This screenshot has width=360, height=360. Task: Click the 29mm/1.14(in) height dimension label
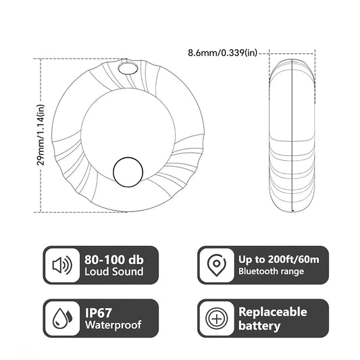coord(41,135)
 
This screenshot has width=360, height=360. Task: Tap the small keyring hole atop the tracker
coord(126,68)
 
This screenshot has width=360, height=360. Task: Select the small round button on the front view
coord(128,172)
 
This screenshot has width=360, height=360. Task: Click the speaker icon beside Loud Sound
coord(62,265)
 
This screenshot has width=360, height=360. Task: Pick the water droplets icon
coord(62,318)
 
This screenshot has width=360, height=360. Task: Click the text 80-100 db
coord(115,258)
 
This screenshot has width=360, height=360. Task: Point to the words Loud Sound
coord(114,272)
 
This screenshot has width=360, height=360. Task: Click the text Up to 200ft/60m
coord(278,259)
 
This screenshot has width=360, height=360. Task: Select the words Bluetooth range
coord(271,272)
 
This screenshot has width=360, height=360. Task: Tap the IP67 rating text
coord(99,312)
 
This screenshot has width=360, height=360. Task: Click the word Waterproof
coord(113,326)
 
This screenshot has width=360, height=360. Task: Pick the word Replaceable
coord(272,312)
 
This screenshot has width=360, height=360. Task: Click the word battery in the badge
coord(259,326)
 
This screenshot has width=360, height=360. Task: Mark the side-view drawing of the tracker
coord(292,135)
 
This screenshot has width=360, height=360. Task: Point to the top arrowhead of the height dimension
coord(41,60)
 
